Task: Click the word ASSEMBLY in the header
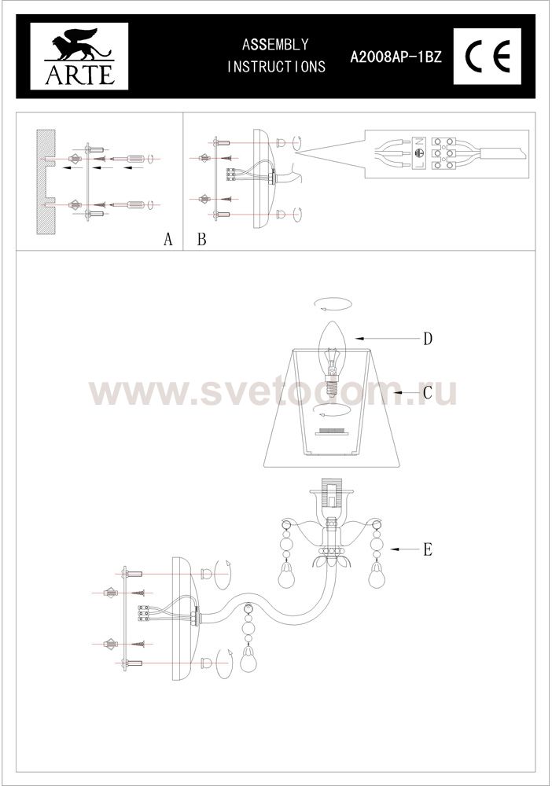[275, 45]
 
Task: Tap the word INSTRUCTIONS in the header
[276, 67]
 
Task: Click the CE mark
[488, 56]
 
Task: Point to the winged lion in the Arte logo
[79, 44]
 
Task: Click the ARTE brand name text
[79, 74]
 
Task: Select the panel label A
[168, 239]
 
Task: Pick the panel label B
[201, 239]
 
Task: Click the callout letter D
[427, 340]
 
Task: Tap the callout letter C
[427, 392]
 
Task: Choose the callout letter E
[427, 550]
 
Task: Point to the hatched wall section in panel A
[45, 182]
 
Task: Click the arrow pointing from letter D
[387, 338]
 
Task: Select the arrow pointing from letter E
[405, 550]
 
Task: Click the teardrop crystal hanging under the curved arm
[247, 661]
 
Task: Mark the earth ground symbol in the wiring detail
[419, 153]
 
